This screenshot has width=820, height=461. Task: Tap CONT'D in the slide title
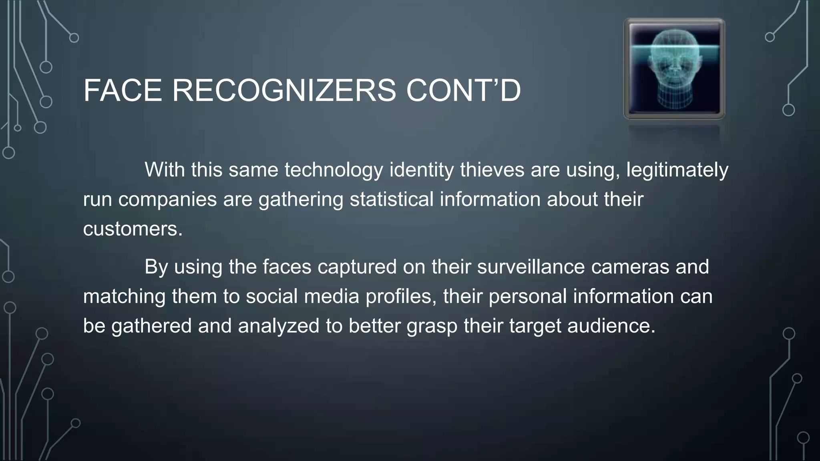(463, 90)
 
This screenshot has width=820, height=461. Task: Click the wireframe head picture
(674, 69)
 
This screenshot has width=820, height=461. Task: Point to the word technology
(334, 170)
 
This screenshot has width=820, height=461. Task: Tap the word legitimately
(677, 170)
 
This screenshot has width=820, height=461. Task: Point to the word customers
(133, 229)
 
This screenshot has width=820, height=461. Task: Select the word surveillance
(531, 267)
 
